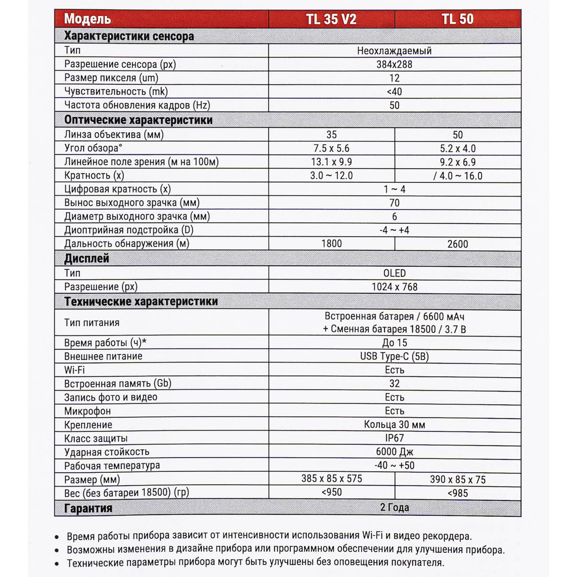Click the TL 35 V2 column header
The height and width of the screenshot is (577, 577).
coord(331,19)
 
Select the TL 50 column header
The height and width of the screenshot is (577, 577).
coord(457,19)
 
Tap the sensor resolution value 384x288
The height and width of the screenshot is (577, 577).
coord(394,64)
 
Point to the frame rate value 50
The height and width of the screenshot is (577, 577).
coord(394,105)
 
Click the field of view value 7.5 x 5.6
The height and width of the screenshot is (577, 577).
coord(331,148)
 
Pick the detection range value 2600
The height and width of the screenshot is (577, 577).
coord(457,244)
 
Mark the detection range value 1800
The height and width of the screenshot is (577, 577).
coord(331,244)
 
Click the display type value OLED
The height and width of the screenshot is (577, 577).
coord(394,273)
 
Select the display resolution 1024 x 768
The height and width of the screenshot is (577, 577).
coord(394,287)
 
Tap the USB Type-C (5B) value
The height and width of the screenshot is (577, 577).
coord(394,356)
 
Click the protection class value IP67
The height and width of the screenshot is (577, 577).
coord(394,438)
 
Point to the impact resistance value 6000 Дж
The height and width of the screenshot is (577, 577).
coord(394,452)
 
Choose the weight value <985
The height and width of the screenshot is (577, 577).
coord(457,493)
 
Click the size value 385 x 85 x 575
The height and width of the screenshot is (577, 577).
coord(331,478)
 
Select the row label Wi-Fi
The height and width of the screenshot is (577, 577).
coord(74,370)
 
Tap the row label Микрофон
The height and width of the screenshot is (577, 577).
coord(87,411)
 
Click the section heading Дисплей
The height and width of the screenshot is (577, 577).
coord(87,258)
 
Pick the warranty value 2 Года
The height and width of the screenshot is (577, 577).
coord(394,507)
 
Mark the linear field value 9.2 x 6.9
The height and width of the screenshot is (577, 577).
coord(457,162)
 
